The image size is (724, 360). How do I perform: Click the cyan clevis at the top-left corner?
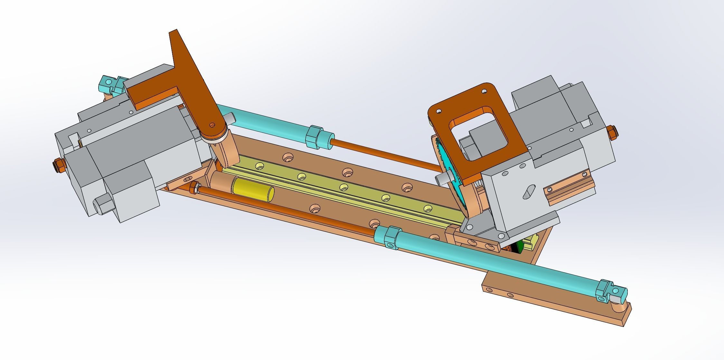coord(108,84)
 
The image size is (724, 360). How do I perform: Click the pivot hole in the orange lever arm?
coord(212,124)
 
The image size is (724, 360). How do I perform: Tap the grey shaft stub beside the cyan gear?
coord(441,179)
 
